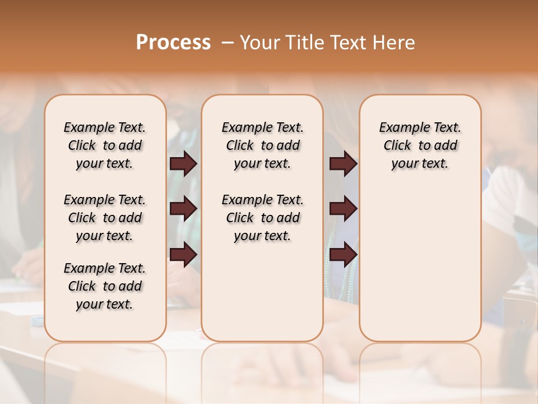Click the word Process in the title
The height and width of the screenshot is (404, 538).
click(x=173, y=43)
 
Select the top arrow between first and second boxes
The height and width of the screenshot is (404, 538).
click(x=183, y=163)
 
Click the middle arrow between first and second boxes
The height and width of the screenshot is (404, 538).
click(x=183, y=209)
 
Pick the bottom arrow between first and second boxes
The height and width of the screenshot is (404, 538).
click(x=183, y=254)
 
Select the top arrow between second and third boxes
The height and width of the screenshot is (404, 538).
click(x=343, y=163)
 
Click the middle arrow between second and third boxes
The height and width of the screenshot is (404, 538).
click(x=343, y=209)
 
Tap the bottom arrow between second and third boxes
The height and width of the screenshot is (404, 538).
click(x=343, y=254)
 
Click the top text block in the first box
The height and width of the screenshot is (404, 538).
click(x=105, y=145)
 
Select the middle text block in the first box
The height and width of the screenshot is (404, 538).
click(x=105, y=218)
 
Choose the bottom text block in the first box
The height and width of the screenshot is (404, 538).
click(x=105, y=286)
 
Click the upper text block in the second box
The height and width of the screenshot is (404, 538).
click(x=262, y=145)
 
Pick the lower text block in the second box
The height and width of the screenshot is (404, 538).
click(x=262, y=218)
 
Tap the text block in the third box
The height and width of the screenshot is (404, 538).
click(x=420, y=145)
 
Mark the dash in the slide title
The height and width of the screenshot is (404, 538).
click(x=228, y=43)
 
